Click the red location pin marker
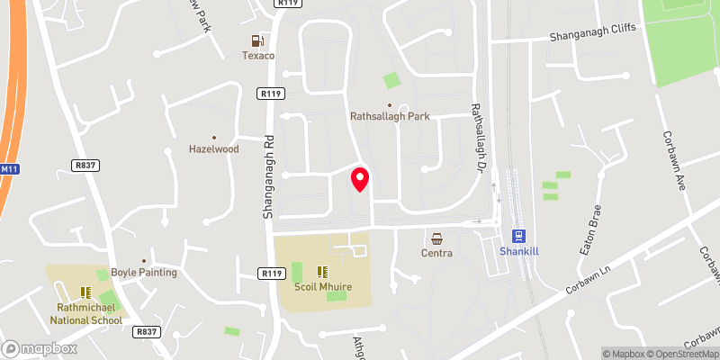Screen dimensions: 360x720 pyautogui.click(x=360, y=179)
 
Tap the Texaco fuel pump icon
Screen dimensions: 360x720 pyautogui.click(x=258, y=40)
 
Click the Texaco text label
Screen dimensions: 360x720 pyautogui.click(x=258, y=56)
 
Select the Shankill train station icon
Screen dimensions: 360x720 pyautogui.click(x=518, y=236)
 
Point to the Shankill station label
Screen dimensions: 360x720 pyautogui.click(x=518, y=253)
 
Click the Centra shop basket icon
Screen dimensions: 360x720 pyautogui.click(x=436, y=238)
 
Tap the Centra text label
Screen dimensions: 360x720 pyautogui.click(x=436, y=254)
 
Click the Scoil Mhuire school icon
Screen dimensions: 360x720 pyautogui.click(x=321, y=271)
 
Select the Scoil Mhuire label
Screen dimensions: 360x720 pyautogui.click(x=321, y=287)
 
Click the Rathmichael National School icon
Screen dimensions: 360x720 pyautogui.click(x=85, y=292)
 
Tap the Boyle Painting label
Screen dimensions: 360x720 pyautogui.click(x=144, y=273)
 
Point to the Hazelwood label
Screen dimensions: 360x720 pyautogui.click(x=213, y=149)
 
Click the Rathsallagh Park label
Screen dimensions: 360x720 pyautogui.click(x=390, y=117)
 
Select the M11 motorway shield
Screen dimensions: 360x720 pyautogui.click(x=8, y=169)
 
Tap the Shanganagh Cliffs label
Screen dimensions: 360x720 pyautogui.click(x=593, y=32)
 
